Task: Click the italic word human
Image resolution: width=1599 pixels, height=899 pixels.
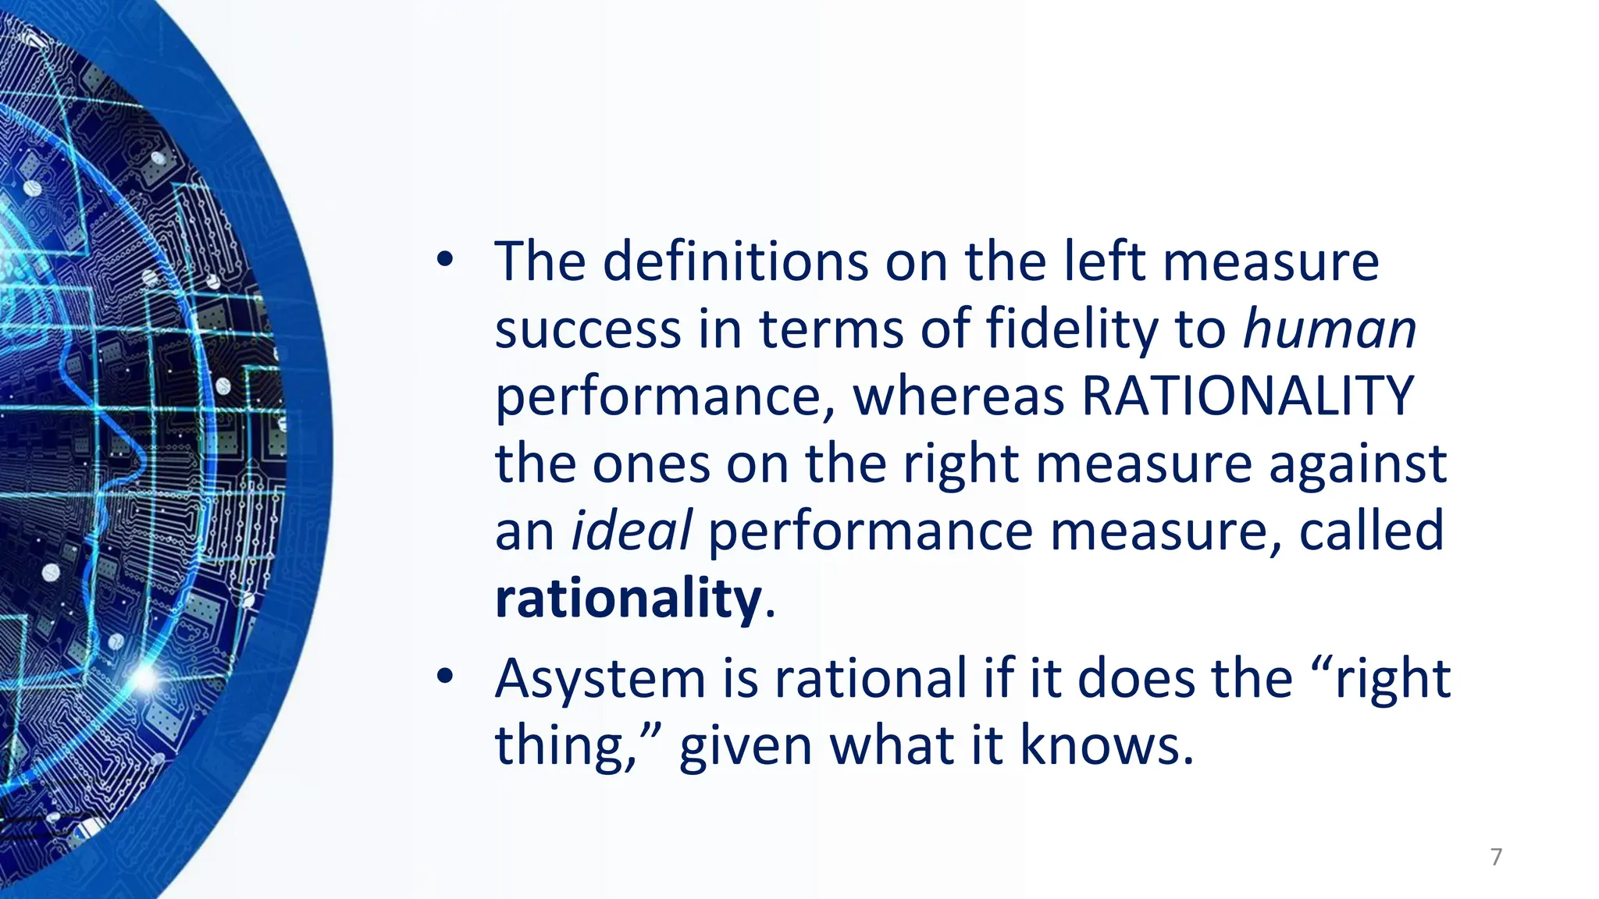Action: point(1329,329)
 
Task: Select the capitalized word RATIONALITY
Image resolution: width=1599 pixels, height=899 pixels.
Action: point(1248,396)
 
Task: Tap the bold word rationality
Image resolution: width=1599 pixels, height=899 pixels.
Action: point(628,599)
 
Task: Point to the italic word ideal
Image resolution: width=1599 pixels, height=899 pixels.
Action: point(632,531)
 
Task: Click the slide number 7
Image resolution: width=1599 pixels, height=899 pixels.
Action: point(1496,857)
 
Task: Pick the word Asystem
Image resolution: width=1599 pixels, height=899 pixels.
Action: point(600,679)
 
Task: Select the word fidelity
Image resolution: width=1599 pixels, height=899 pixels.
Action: point(1072,329)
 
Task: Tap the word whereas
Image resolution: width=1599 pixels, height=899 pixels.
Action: point(959,396)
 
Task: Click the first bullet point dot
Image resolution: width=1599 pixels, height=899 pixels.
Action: point(445,262)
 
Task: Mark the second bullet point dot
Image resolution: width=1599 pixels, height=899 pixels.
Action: point(445,677)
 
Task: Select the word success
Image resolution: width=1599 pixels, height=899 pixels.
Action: point(588,329)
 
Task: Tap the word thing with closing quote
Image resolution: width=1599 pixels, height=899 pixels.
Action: point(578,745)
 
